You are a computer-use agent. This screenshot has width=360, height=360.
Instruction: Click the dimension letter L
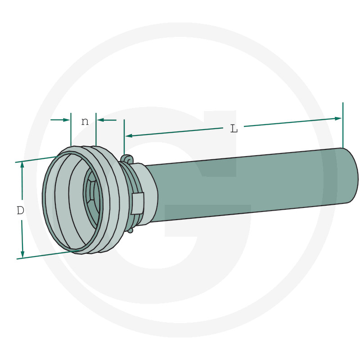[234, 129]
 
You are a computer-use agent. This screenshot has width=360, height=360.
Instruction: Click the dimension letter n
[85, 121]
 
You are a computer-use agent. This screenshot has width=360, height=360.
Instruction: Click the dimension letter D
[20, 210]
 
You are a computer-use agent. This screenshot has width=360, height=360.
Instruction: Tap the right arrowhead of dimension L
[338, 119]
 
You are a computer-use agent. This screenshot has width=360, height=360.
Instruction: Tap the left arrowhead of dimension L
[129, 136]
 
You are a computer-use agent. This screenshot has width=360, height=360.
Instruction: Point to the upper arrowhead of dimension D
[22, 165]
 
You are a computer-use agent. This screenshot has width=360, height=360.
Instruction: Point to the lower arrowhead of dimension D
[22, 254]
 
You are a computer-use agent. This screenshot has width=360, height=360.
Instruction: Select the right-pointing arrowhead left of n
[66, 120]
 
